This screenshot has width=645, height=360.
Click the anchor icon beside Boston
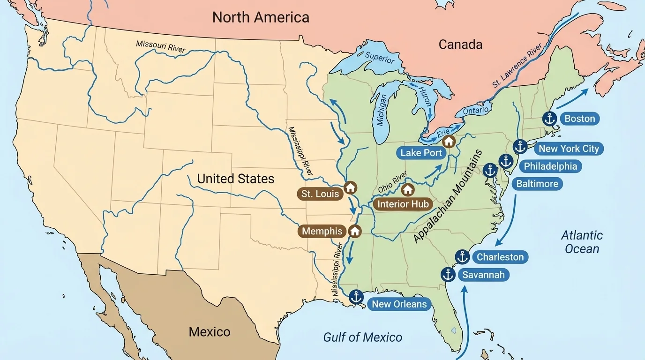pyautogui.click(x=549, y=119)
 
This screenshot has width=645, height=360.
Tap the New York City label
pyautogui.click(x=568, y=149)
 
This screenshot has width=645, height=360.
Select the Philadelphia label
pyautogui.click(x=550, y=166)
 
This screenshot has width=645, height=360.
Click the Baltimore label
pyautogui.click(x=537, y=183)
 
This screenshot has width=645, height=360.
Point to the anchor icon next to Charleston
pyautogui.click(x=462, y=257)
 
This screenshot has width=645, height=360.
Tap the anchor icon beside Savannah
pyautogui.click(x=448, y=274)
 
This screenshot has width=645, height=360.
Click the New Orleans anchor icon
pyautogui.click(x=356, y=297)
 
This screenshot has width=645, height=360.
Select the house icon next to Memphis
pyautogui.click(x=355, y=231)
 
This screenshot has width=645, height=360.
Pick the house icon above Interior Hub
pyautogui.click(x=407, y=189)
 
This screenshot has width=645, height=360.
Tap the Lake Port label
pyautogui.click(x=421, y=153)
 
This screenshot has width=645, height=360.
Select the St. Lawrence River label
pyautogui.click(x=517, y=66)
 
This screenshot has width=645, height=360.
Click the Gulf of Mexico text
pyautogui.click(x=362, y=337)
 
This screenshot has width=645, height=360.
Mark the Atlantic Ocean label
pyautogui.click(x=582, y=242)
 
